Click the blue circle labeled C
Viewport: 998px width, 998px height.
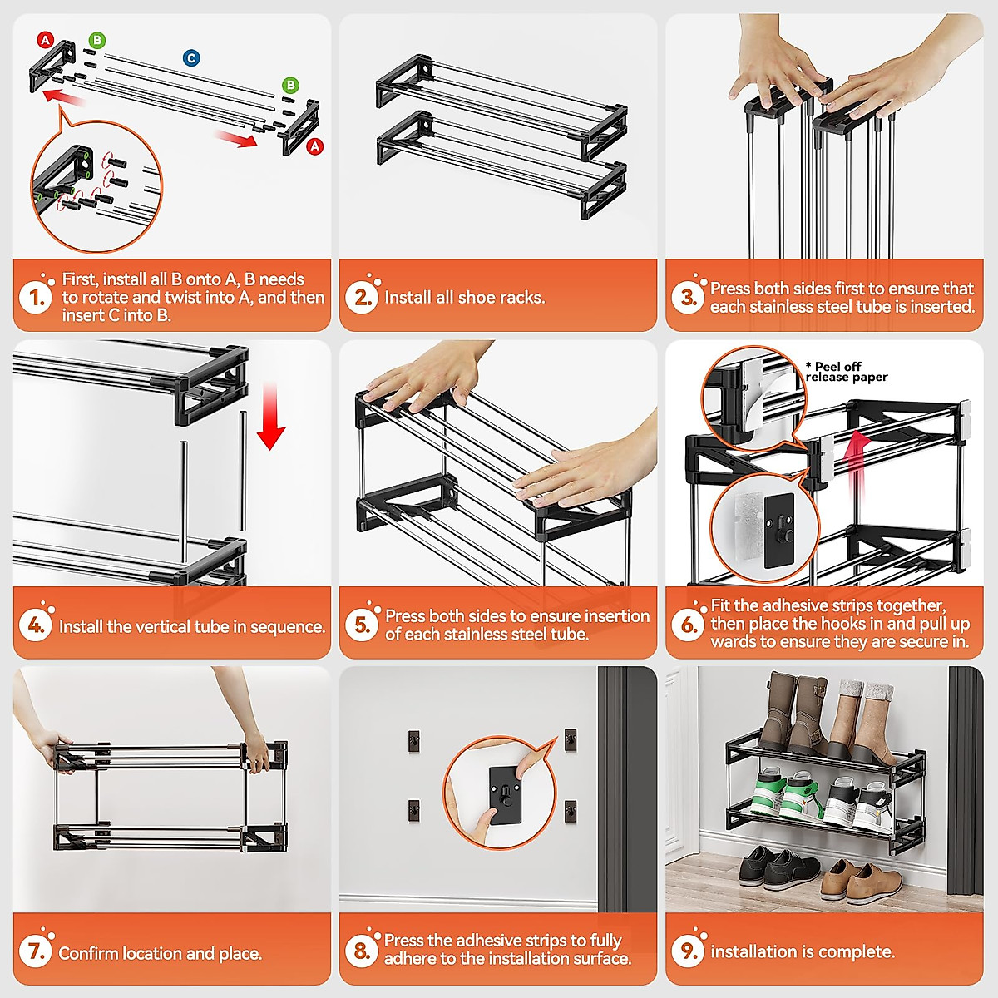coord(191,58)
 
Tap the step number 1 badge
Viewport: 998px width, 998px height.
coord(35,297)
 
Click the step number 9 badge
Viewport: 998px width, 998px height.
coord(688,951)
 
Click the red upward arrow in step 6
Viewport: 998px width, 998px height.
coord(857,469)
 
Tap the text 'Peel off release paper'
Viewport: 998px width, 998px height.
coord(847,372)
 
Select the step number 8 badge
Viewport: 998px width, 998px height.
coord(362,951)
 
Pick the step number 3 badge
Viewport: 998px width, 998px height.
coord(688,297)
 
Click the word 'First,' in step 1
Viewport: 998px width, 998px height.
coord(81,279)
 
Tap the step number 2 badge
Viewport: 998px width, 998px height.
coord(362,297)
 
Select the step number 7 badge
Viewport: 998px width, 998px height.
coord(35,951)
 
